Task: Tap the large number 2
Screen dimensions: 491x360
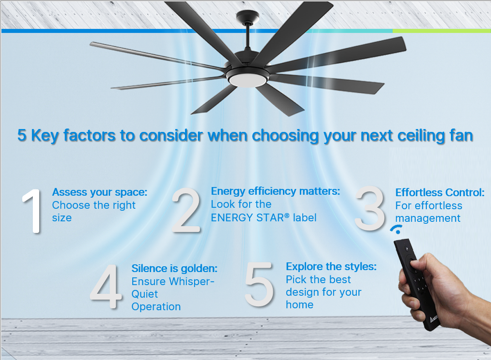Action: tap(186, 210)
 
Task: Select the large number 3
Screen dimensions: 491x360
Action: tap(370, 208)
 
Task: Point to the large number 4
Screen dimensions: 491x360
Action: tap(106, 286)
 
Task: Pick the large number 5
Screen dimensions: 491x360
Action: tap(259, 284)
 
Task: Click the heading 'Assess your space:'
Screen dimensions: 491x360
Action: tap(99, 192)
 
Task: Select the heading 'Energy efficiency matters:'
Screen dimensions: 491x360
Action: tap(275, 191)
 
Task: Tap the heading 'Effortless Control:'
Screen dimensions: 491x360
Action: tap(440, 192)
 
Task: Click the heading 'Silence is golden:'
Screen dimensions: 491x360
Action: tap(174, 269)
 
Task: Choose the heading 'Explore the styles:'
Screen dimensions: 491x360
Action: tap(331, 267)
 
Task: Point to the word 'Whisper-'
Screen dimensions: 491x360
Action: tap(192, 282)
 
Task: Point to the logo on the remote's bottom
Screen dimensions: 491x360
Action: tap(434, 319)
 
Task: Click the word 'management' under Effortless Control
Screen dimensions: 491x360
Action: tap(428, 218)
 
